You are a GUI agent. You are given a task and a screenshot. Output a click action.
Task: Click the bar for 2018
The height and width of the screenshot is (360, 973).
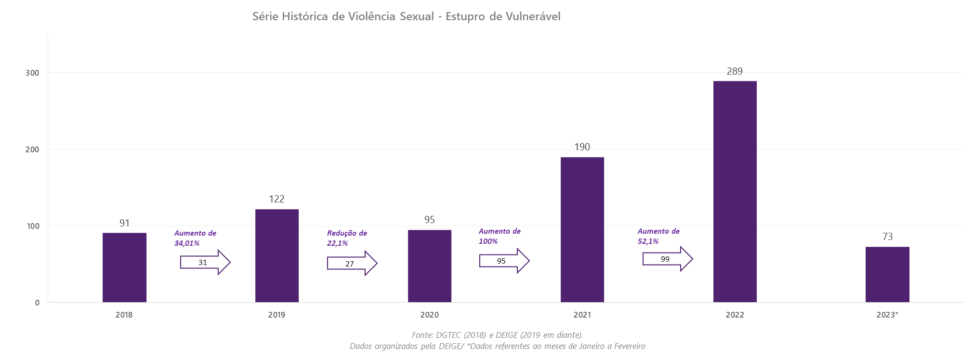pos(124,267)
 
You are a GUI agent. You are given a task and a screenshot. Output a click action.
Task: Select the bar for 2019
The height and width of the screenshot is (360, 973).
pos(277,255)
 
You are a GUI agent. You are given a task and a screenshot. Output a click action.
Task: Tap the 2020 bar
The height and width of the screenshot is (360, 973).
pos(430,266)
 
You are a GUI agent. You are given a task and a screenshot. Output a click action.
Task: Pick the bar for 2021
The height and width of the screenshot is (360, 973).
pos(582,229)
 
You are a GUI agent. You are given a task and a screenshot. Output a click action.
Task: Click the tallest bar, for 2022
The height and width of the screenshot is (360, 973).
pos(735,191)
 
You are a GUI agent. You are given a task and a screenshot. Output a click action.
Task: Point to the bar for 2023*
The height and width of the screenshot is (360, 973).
pos(887,274)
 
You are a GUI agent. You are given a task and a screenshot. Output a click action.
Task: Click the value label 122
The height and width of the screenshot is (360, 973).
pos(277,199)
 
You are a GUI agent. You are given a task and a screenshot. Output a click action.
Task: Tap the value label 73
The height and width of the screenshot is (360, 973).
pos(887,237)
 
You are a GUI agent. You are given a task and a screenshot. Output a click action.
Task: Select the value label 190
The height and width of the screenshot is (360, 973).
pos(582,147)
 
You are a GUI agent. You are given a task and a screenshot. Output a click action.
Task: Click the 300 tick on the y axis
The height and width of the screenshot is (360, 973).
pos(33,73)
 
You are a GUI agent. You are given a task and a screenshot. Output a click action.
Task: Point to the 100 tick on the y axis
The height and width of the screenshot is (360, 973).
pos(33,226)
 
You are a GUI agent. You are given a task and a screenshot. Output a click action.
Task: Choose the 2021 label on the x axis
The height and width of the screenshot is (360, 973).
pos(582,315)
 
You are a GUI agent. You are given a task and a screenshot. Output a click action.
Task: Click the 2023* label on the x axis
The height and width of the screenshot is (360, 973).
pos(887,315)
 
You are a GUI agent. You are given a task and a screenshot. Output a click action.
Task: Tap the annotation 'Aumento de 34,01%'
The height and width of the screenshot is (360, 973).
pos(195,238)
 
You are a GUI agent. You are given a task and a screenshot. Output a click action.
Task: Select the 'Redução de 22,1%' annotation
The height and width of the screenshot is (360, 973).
pos(347,238)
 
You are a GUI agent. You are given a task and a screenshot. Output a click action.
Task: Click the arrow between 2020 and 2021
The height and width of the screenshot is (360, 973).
pos(504,261)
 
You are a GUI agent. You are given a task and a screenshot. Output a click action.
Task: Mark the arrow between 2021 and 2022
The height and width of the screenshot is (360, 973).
pos(667,259)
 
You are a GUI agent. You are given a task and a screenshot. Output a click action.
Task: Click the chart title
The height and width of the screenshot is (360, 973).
pos(407,17)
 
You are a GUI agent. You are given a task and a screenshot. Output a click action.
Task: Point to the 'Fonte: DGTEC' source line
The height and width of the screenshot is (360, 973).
pos(497,335)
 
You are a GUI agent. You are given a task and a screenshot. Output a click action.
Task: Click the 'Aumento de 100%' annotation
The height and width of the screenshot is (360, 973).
pos(499,236)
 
